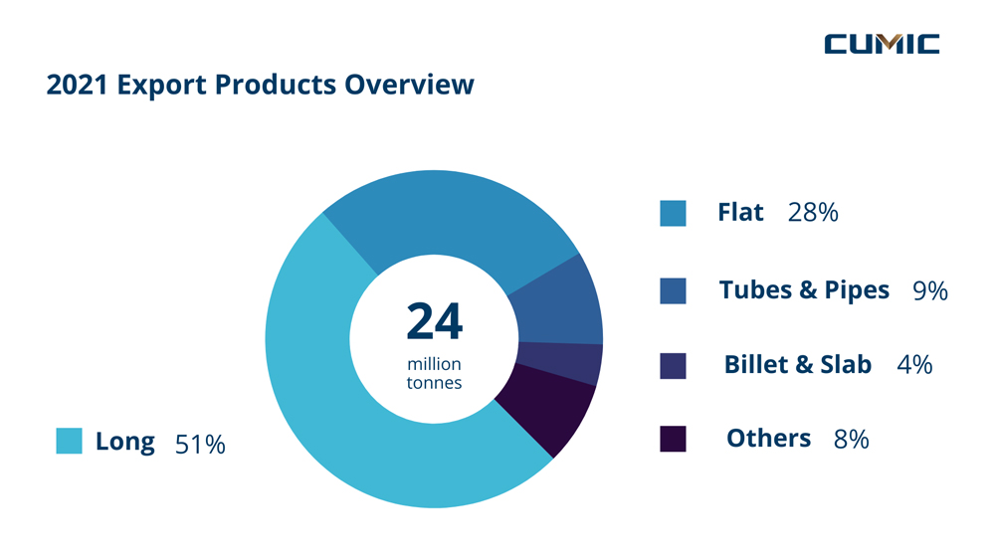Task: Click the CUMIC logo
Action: click(882, 44)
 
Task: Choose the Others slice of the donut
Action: click(542, 408)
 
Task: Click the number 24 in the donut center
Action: click(434, 321)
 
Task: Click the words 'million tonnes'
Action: click(434, 374)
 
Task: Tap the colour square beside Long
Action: click(69, 441)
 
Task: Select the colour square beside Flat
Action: click(673, 213)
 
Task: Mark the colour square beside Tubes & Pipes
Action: click(673, 290)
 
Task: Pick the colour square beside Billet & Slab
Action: click(673, 365)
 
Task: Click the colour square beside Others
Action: click(673, 439)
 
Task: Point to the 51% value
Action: click(200, 444)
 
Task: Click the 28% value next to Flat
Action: click(812, 213)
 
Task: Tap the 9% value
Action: click(929, 290)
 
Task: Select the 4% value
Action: click(914, 365)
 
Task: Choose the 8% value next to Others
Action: click(851, 439)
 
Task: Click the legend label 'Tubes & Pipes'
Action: click(804, 289)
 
